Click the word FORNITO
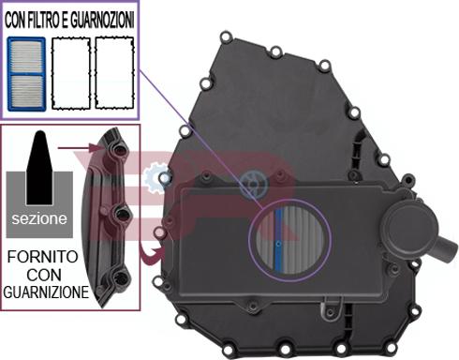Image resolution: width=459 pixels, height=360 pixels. point(46,255)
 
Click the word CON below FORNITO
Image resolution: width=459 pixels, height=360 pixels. point(46,274)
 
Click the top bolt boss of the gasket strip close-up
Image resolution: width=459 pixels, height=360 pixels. point(116,150)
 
